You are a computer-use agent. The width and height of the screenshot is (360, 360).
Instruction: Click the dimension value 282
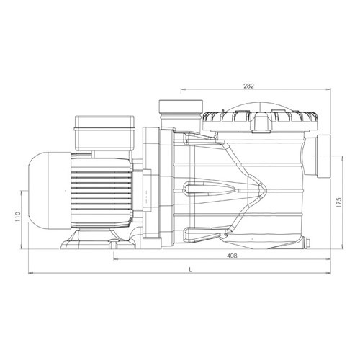(248, 86)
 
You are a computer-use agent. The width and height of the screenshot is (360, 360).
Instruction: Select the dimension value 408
(232, 256)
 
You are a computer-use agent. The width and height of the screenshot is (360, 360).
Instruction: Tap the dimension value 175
(338, 203)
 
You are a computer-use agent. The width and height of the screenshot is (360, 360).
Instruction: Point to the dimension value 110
(18, 217)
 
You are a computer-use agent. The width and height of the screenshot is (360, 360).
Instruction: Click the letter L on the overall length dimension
(190, 270)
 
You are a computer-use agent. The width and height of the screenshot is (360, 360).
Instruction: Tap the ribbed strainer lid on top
(261, 121)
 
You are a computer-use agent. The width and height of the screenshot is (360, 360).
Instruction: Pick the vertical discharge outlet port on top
(181, 114)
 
